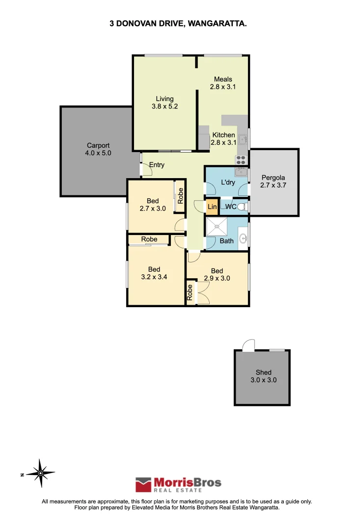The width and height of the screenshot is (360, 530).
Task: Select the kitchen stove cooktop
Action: click(x=241, y=159)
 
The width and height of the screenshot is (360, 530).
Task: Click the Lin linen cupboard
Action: click(x=212, y=207)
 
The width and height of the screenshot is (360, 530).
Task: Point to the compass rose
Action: click(x=41, y=473)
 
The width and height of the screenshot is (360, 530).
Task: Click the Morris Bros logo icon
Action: click(x=143, y=485)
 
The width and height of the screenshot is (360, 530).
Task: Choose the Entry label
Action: click(x=157, y=165)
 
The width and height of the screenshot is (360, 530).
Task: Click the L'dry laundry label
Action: click(x=228, y=183)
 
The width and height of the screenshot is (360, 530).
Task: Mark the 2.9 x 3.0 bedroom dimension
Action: click(x=217, y=278)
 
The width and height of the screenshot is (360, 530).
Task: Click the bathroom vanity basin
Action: click(x=243, y=239)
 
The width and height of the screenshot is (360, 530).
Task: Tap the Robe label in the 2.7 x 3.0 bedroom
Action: click(x=180, y=196)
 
